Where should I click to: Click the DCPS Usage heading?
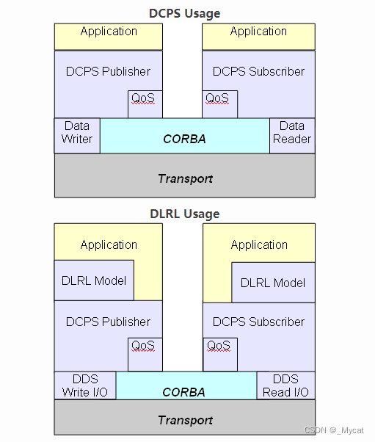click(x=184, y=13)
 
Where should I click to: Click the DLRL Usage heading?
click(x=184, y=214)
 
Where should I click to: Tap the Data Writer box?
click(x=77, y=133)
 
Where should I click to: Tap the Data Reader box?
click(x=292, y=133)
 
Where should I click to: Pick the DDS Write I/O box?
click(x=85, y=385)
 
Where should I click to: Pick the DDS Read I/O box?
click(x=285, y=385)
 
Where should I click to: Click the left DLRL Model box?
click(x=95, y=280)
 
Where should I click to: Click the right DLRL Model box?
click(x=273, y=283)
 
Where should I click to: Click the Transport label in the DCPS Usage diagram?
click(x=185, y=178)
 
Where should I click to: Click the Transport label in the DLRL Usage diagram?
click(x=185, y=420)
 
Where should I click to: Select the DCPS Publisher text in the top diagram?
click(x=109, y=71)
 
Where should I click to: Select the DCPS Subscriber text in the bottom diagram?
click(x=258, y=322)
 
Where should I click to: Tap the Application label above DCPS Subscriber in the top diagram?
click(x=258, y=32)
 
